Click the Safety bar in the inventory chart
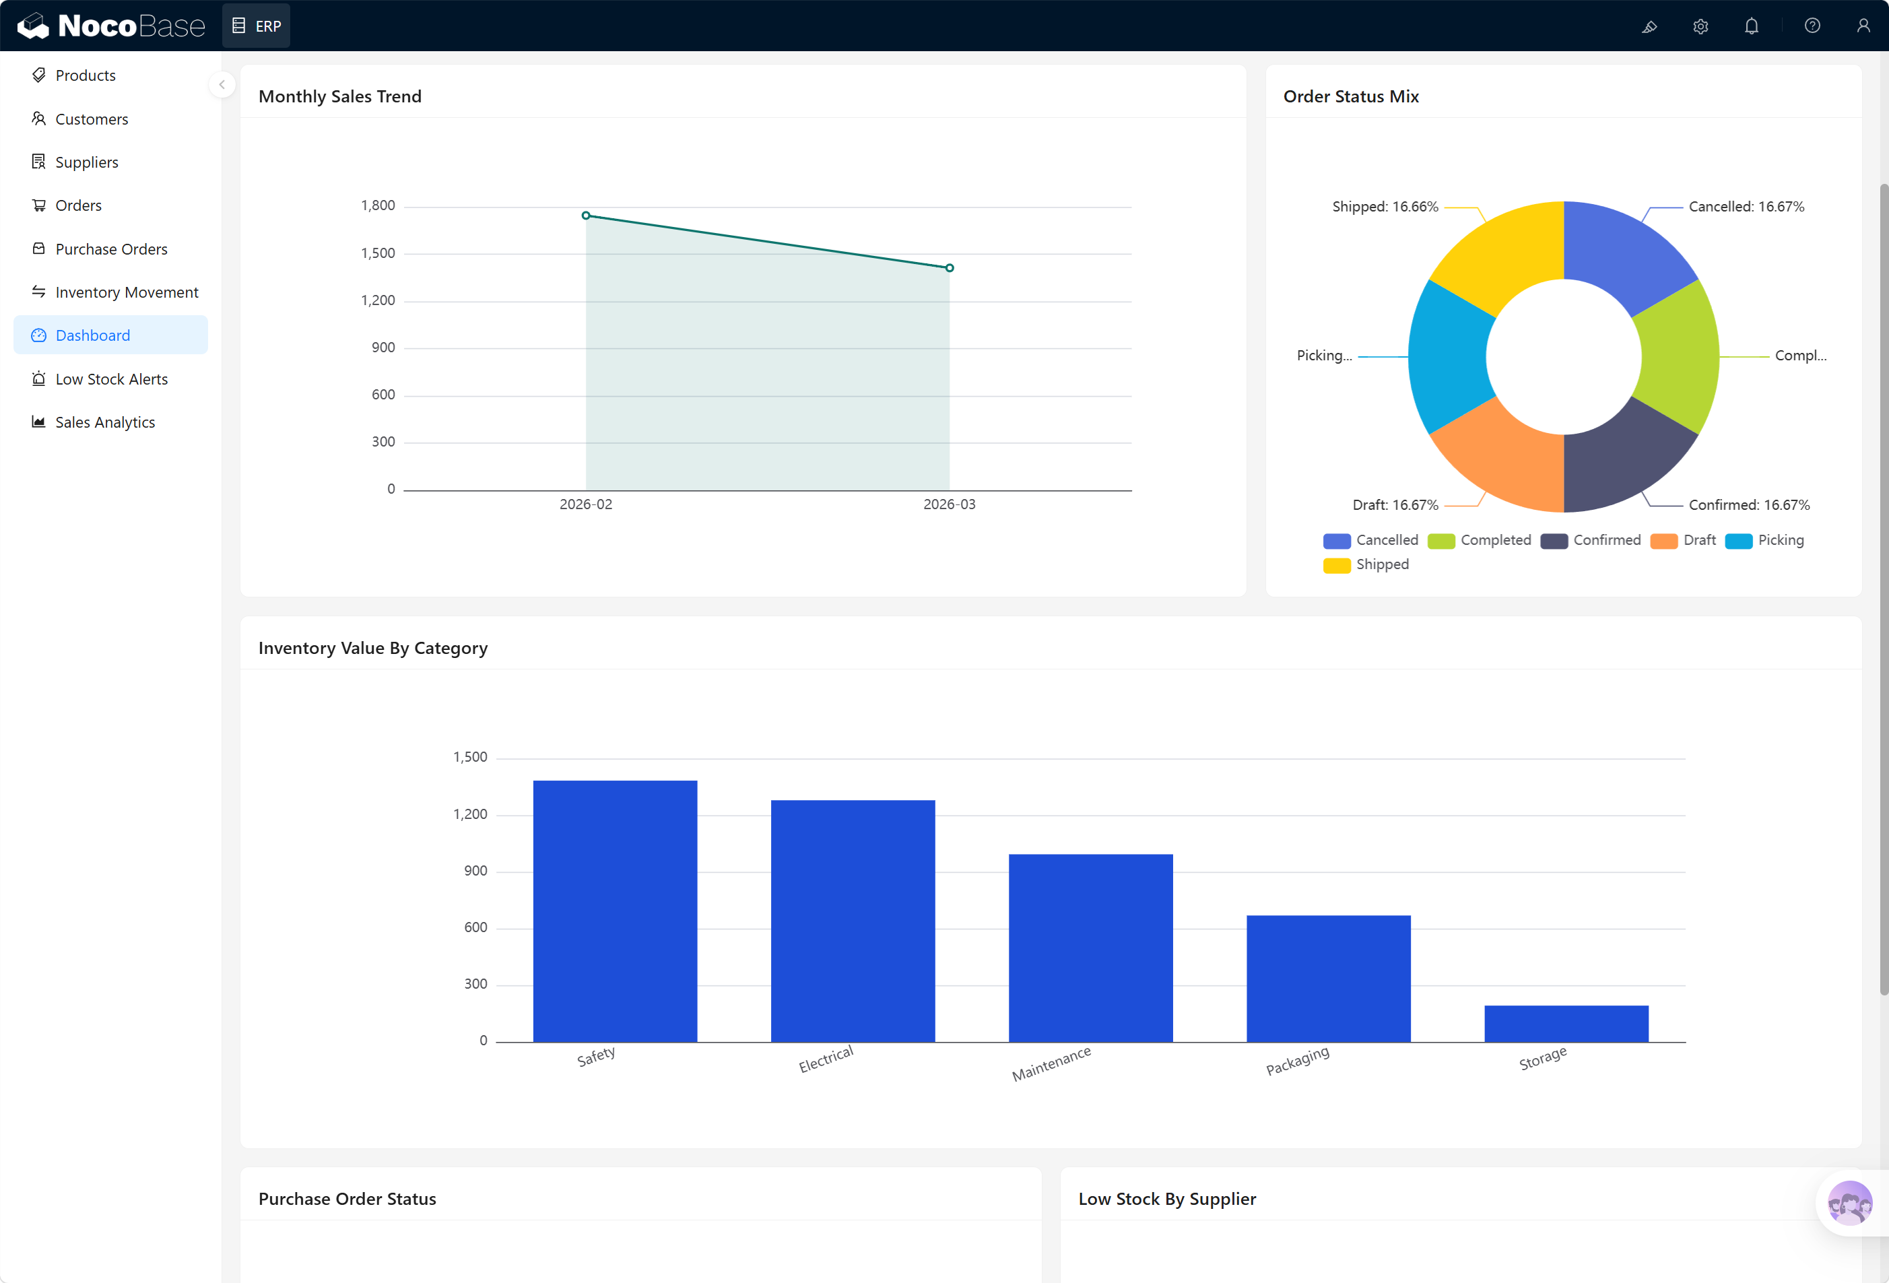(614, 911)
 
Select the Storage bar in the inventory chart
(1566, 1024)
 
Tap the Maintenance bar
(1090, 947)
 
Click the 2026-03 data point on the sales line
(950, 267)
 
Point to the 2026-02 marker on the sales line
(586, 216)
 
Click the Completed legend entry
(1480, 540)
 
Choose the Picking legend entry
(1764, 540)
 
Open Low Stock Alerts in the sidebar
(111, 379)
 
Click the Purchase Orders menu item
(111, 249)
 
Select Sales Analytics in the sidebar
(105, 422)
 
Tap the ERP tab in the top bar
(257, 26)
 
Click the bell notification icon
(1751, 26)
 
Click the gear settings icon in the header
(1700, 26)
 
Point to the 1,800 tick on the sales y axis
(378, 205)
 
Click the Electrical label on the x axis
(826, 1059)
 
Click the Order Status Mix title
(1350, 96)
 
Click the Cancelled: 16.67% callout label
(1746, 207)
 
